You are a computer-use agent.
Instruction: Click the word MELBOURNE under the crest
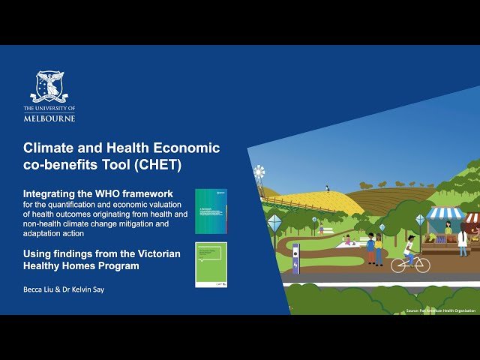(49, 118)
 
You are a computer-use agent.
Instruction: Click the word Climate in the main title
(46, 148)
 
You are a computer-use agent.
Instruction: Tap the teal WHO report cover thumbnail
(211, 211)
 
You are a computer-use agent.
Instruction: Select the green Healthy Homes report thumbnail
(211, 264)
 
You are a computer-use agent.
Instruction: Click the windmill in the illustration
(259, 175)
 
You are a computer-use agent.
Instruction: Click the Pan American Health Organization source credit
(442, 310)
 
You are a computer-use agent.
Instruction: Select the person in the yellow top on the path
(379, 247)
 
